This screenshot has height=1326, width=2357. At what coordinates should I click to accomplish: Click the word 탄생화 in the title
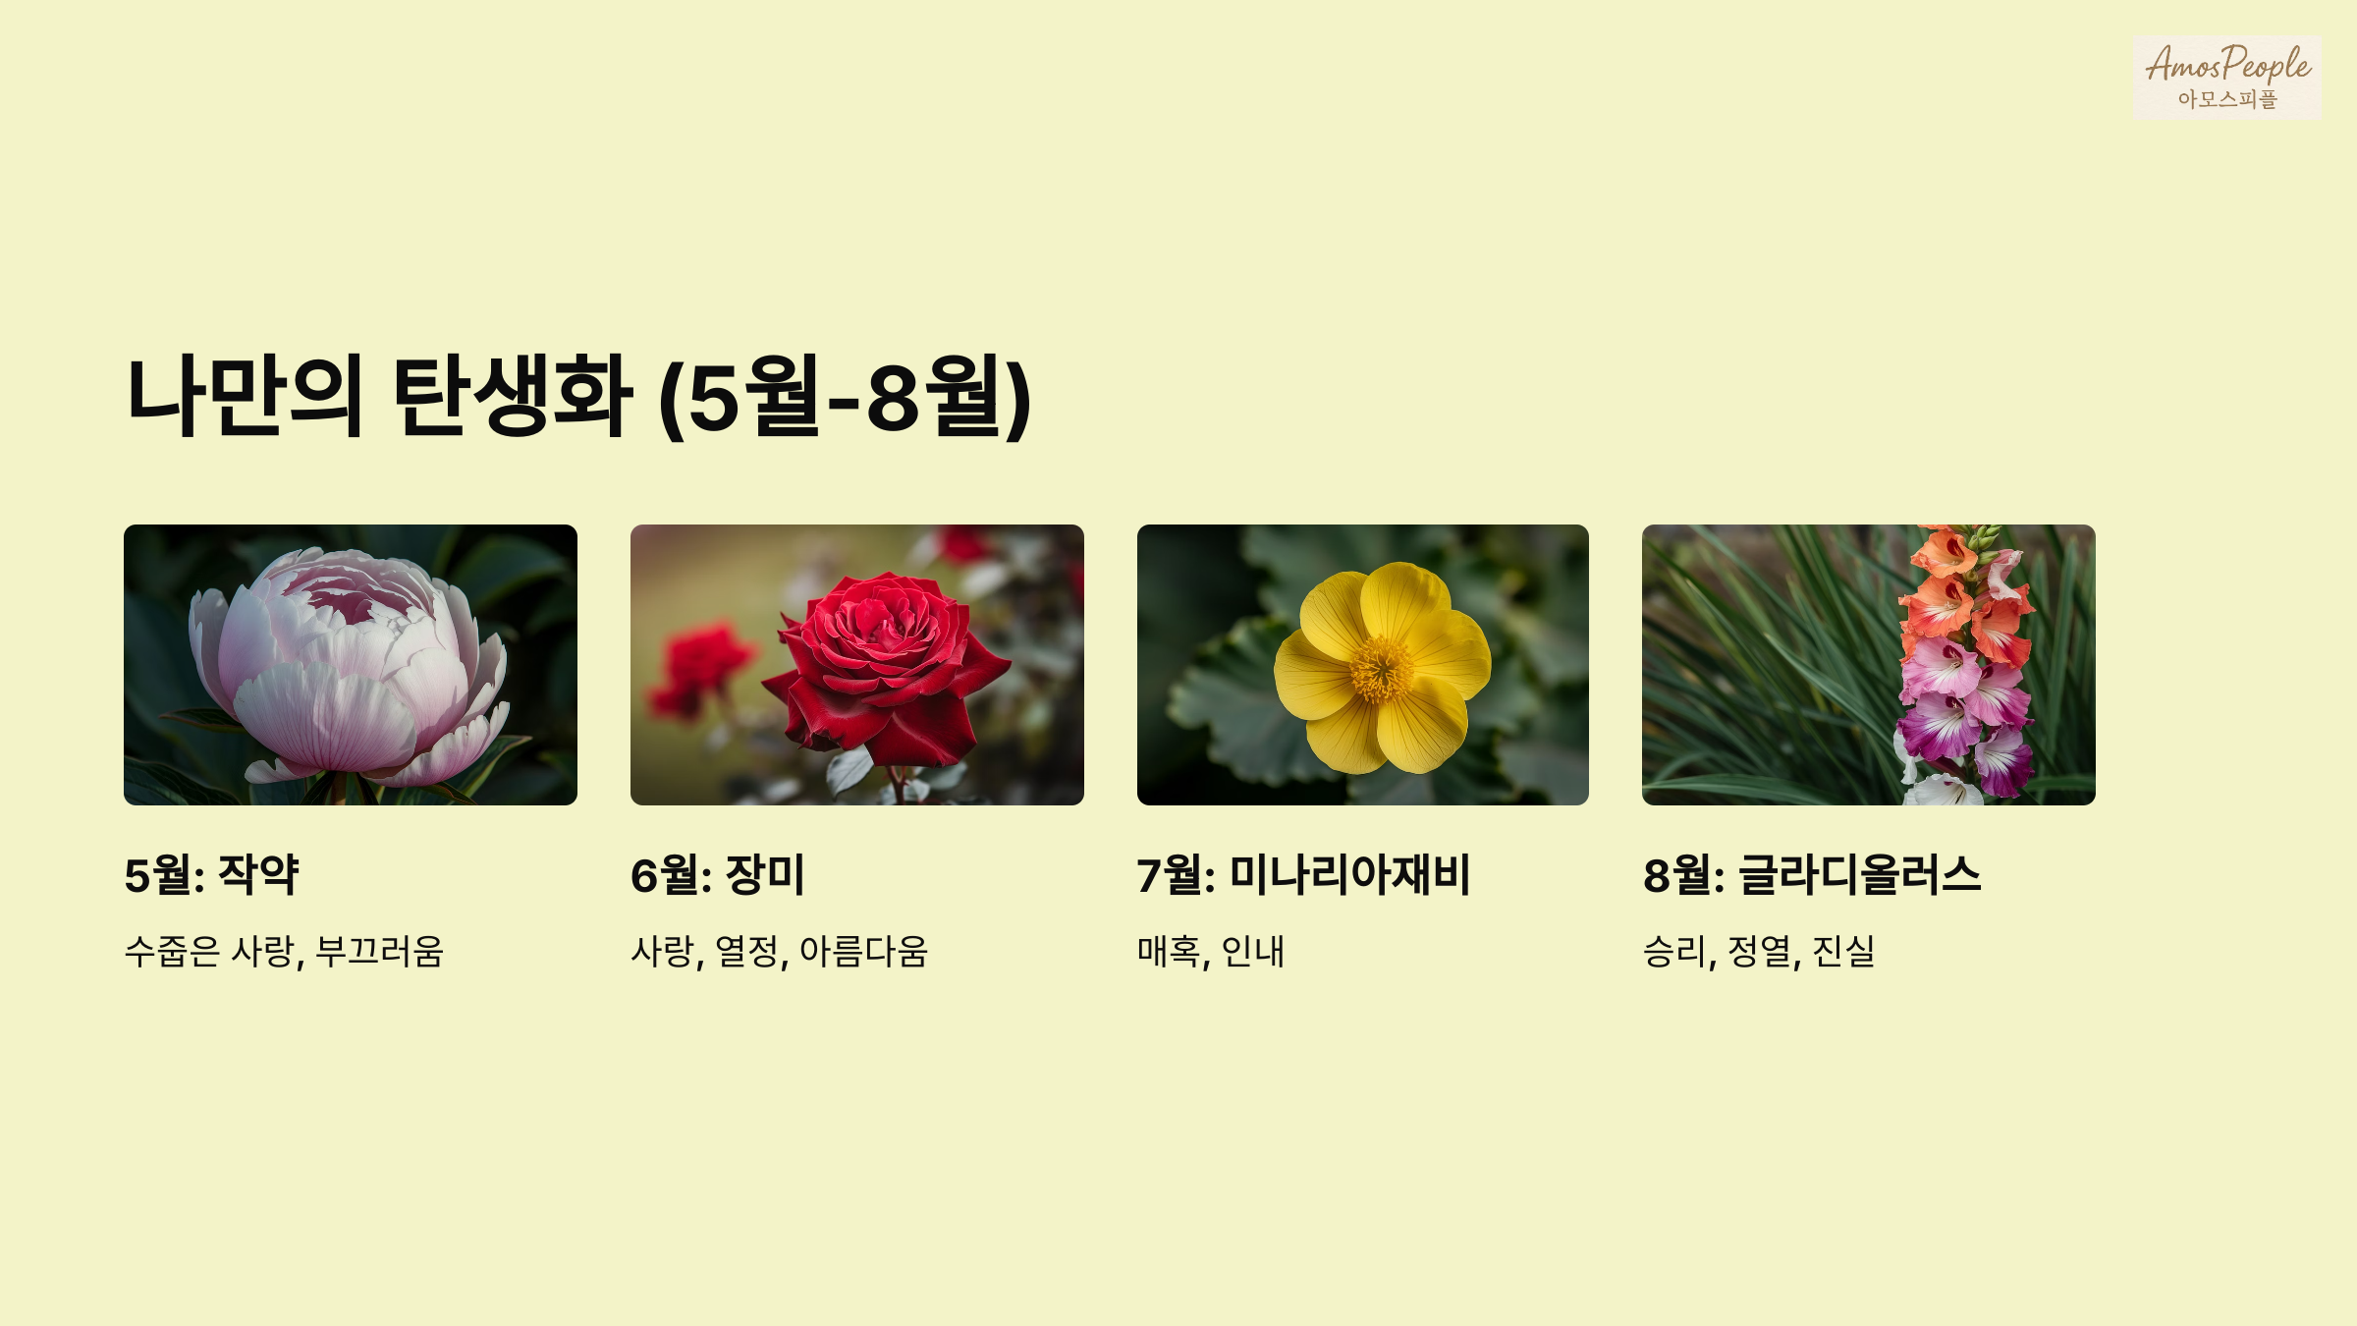pos(512,396)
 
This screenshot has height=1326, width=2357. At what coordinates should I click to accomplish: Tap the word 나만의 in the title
pos(246,396)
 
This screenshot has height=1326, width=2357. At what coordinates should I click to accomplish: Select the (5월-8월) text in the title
pos(845,398)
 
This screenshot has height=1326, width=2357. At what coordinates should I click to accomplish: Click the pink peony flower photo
pos(350,665)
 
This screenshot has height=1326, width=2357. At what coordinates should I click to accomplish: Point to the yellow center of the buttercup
pos(1382,670)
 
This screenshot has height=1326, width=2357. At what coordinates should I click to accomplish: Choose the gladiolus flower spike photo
pos(1868,665)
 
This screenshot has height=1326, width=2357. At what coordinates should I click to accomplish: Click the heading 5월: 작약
pos(211,874)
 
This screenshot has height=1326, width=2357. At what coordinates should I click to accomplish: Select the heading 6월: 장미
pos(718,874)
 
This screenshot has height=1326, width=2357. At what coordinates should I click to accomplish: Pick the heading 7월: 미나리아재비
pos(1303,874)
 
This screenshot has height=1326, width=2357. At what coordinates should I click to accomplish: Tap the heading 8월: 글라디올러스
pos(1812,874)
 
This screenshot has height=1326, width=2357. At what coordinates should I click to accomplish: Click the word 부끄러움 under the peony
pos(380,951)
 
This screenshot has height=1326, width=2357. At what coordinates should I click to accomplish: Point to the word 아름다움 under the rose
pos(863,951)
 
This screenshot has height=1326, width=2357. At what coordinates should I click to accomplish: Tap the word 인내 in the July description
pos(1253,951)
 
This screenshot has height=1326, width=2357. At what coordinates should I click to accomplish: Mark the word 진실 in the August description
pos(1843,951)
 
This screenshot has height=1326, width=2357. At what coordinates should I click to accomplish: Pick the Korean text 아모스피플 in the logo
pos(2226,99)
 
